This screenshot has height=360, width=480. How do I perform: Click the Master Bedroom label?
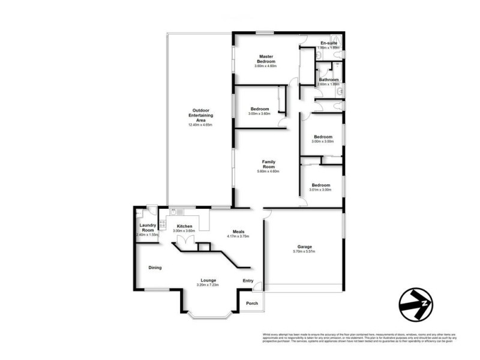[x=266, y=59]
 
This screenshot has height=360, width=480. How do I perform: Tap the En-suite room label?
[x=329, y=43]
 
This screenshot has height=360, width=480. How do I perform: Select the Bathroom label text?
[x=328, y=80]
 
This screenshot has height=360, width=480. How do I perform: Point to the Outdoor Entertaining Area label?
[x=200, y=115]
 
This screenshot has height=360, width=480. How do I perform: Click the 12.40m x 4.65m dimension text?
[x=200, y=125]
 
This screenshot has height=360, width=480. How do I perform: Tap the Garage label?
[x=304, y=246]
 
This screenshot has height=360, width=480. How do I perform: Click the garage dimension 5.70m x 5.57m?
[x=304, y=252]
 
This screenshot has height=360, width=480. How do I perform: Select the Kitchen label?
[x=184, y=226]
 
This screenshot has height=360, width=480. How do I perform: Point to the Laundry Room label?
[x=147, y=227]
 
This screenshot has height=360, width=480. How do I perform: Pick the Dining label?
[x=155, y=268]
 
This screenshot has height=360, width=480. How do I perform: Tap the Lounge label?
[x=208, y=280]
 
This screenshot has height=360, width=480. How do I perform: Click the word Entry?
[x=248, y=280]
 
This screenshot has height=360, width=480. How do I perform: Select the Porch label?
[x=252, y=303]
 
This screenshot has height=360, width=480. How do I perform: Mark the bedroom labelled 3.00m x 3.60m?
[x=260, y=113]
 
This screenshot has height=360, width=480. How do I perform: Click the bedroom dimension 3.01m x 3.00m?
[x=320, y=190]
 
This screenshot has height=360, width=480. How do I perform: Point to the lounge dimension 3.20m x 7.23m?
[x=208, y=285]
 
